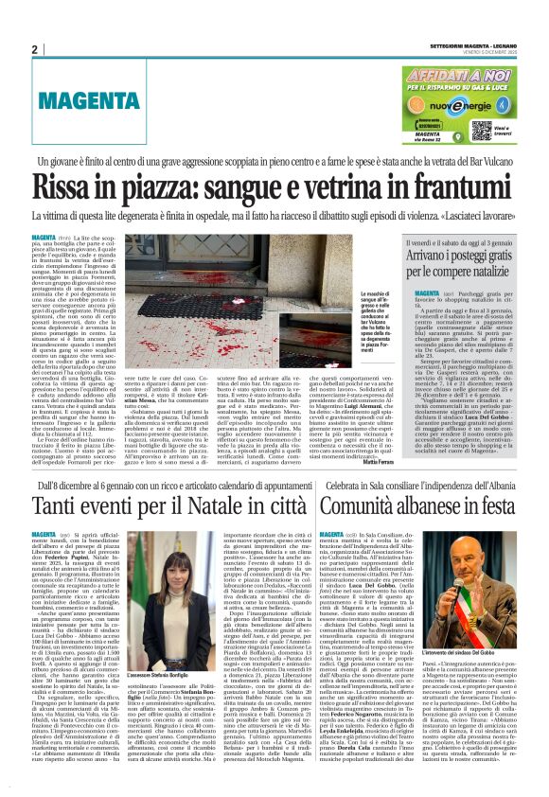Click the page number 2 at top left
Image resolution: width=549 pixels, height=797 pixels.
35,49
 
